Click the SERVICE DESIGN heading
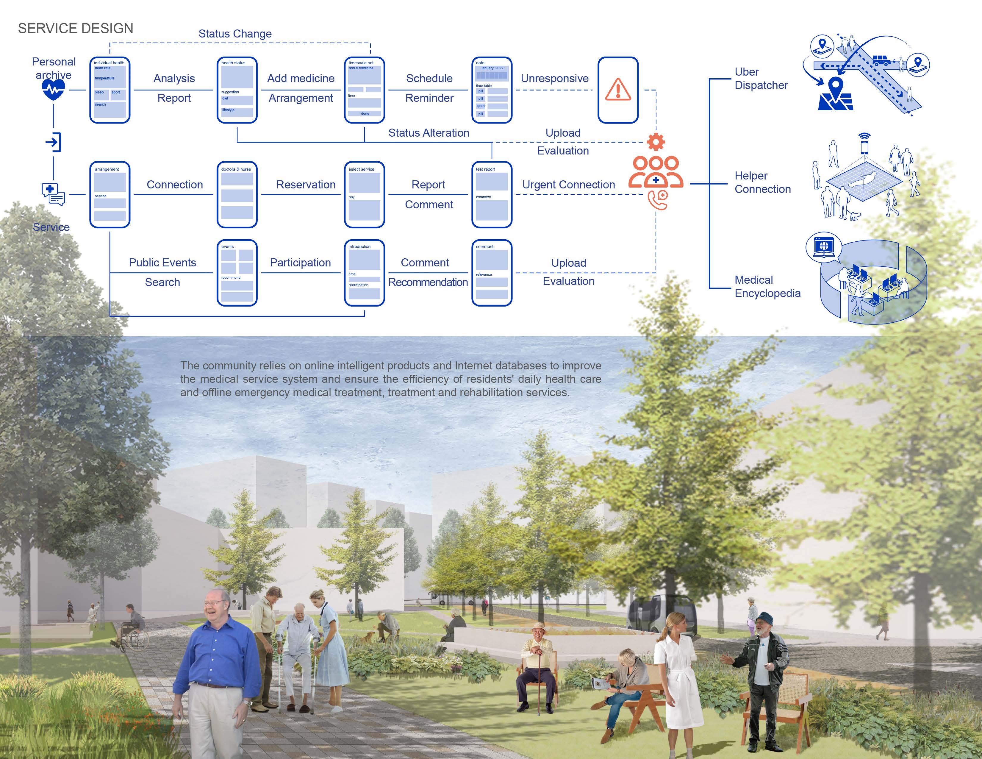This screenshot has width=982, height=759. click(76, 28)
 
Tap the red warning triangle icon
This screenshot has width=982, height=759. click(618, 90)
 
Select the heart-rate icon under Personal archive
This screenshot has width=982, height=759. click(54, 90)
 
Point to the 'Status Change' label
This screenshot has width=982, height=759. click(235, 34)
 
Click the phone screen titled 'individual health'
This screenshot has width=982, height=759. click(110, 90)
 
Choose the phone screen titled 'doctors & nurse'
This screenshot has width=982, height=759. click(237, 194)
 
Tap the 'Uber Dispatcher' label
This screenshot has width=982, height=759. click(761, 79)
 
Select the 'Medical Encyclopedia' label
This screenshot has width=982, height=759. click(767, 286)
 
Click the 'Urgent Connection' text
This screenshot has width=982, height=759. click(568, 185)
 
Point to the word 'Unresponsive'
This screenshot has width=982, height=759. click(554, 79)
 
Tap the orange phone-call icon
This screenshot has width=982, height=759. click(657, 200)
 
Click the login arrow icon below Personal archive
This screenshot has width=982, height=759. click(54, 143)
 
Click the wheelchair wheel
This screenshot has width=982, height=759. click(138, 641)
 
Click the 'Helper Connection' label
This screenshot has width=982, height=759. click(762, 182)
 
